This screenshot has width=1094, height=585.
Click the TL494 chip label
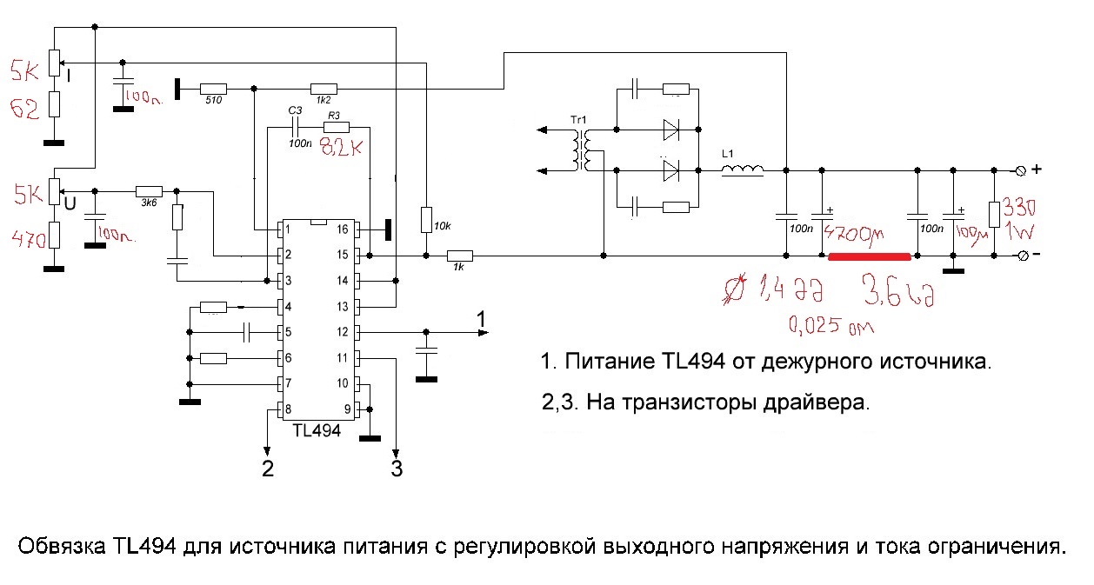317,429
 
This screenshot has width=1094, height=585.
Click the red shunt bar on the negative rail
869,256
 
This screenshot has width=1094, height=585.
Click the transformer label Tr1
578,119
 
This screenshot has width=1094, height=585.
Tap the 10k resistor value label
443,226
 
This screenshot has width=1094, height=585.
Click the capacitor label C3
295,110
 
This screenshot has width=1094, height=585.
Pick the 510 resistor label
213,102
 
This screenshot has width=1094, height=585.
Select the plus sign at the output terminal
1036,169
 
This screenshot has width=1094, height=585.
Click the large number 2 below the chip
268,469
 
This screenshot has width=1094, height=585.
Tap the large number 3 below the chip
397,469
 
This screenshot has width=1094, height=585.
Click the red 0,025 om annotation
831,327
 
